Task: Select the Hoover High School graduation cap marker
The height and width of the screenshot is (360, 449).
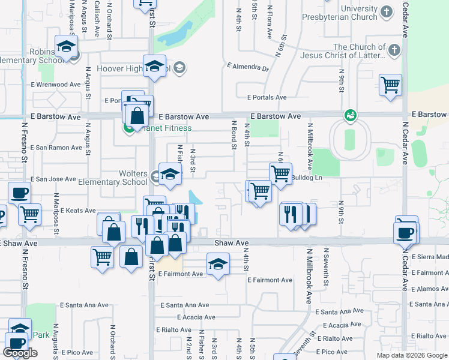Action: (x=154, y=66)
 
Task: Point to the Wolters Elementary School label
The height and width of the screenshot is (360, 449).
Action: (x=125, y=178)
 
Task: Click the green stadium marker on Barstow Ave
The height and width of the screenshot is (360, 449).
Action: (x=350, y=115)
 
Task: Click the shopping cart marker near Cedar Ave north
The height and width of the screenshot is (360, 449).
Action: (x=390, y=85)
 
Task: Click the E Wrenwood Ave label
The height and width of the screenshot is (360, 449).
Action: (x=55, y=85)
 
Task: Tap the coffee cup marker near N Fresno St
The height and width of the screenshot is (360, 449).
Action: (x=19, y=193)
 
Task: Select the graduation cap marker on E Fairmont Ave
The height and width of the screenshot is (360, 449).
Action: (x=218, y=264)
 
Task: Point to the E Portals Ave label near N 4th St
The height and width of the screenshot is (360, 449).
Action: (x=267, y=97)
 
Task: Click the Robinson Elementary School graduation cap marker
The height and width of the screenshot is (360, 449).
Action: (x=66, y=46)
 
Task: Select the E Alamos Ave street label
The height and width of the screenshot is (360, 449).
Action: (x=429, y=289)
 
